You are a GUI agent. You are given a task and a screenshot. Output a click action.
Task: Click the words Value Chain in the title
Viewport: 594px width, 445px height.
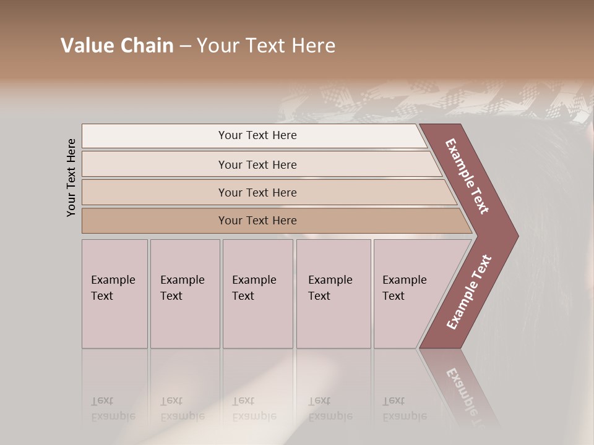point(117,46)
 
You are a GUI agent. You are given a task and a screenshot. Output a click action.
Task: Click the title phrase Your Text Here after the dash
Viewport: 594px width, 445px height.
point(266,46)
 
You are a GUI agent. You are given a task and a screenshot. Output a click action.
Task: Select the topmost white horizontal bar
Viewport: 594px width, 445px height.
point(155,135)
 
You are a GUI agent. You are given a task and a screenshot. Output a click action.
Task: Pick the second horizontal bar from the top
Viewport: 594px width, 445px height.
point(155,164)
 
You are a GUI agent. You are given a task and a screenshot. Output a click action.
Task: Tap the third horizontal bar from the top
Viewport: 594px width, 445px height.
point(155,192)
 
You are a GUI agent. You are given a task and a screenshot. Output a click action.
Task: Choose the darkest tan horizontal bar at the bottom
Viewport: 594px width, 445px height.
point(155,221)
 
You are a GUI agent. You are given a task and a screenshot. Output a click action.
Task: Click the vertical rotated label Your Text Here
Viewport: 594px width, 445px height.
point(71,177)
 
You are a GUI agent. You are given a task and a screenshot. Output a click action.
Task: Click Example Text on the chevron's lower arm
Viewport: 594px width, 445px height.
point(469,292)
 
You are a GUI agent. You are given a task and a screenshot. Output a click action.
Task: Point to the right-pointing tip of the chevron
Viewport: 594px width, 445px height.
point(516,236)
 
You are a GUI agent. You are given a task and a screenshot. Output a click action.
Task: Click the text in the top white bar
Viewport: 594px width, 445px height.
point(257,135)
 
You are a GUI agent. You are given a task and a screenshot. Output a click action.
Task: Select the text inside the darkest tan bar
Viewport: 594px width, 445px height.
point(257,221)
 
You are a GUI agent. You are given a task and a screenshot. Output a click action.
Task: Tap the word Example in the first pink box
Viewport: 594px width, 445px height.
point(113,280)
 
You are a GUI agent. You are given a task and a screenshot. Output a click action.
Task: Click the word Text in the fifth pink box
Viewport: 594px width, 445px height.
point(394,296)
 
